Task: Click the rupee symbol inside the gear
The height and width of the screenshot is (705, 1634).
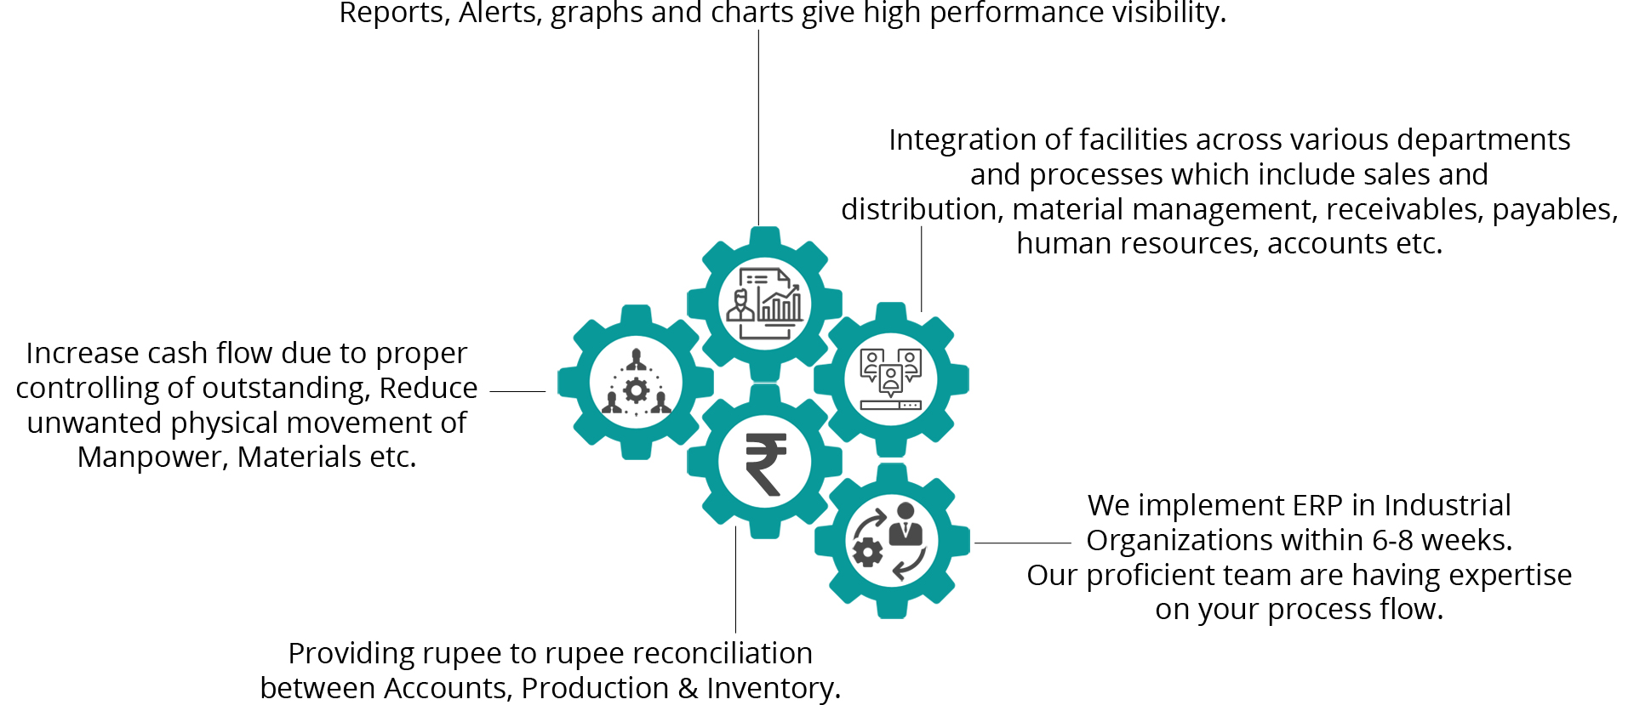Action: (765, 463)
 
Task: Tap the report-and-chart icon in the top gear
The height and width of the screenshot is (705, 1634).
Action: (764, 304)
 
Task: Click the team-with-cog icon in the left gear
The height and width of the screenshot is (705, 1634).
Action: (636, 383)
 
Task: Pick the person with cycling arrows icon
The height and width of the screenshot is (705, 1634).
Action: (891, 541)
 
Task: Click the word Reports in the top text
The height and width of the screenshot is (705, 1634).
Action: (394, 13)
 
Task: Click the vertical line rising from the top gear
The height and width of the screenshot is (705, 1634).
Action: (758, 128)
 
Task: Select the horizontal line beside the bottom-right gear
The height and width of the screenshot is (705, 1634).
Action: (1022, 543)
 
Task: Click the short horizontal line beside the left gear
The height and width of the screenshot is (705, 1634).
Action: (517, 391)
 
